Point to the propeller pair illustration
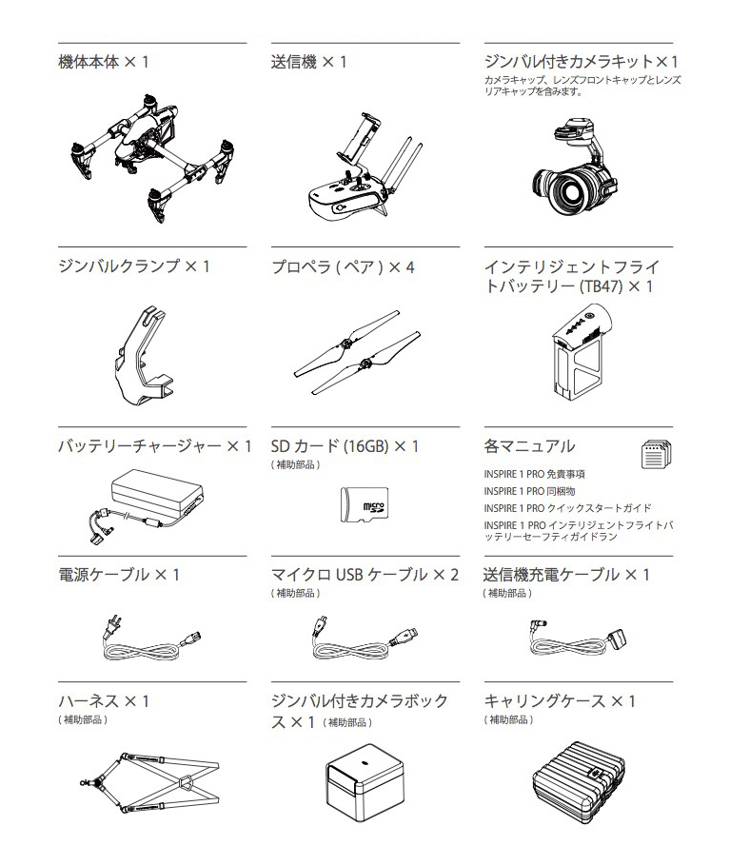(356, 350)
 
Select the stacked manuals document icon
(656, 454)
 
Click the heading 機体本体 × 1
(103, 62)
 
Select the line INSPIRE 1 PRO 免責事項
(534, 474)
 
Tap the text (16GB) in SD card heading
(365, 446)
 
